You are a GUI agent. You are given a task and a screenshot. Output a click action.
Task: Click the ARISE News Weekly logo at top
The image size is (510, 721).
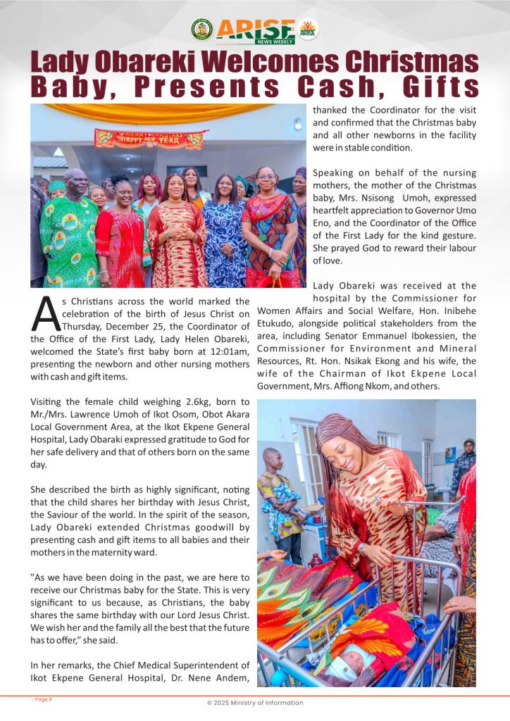(x=256, y=30)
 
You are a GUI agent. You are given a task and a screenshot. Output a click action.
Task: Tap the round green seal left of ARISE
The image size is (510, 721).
(x=201, y=30)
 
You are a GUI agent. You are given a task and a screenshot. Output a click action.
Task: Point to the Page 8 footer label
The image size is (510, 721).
(x=42, y=699)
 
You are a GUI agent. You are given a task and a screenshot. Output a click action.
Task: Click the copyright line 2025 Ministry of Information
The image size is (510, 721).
(x=255, y=703)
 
